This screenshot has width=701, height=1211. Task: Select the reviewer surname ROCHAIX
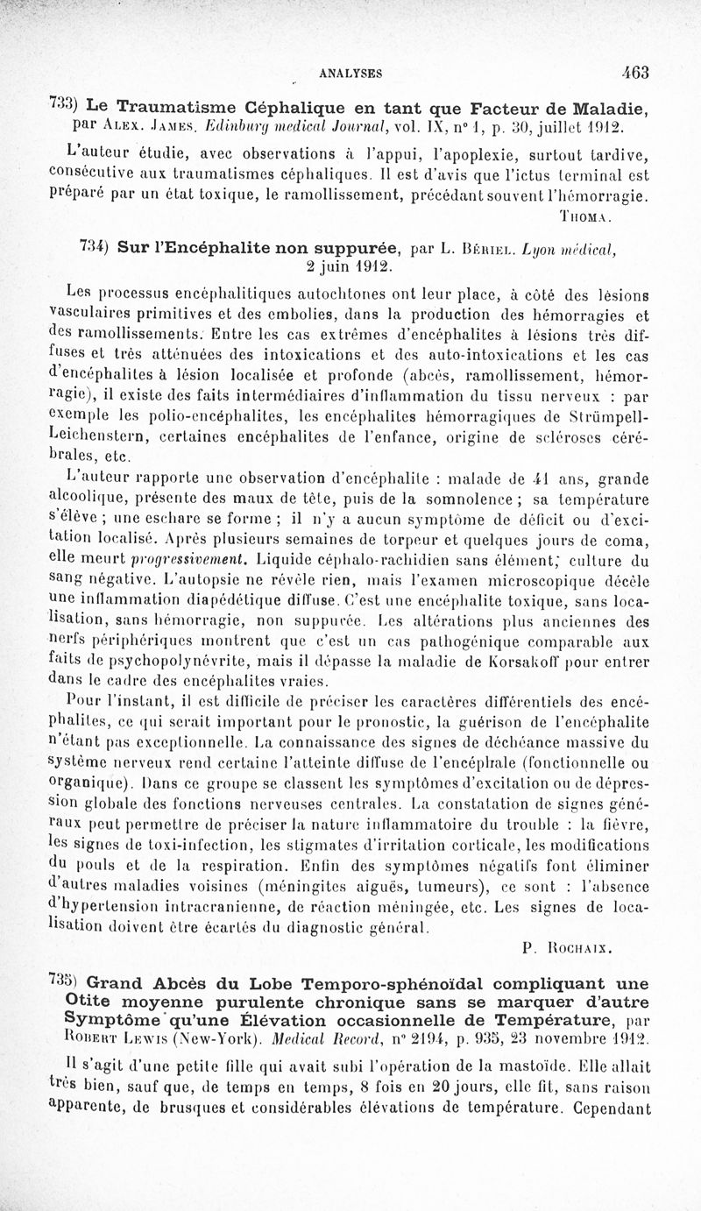coord(578,946)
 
